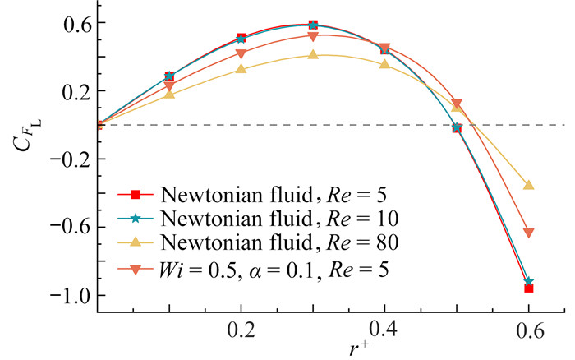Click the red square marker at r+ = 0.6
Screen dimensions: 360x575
pos(529,288)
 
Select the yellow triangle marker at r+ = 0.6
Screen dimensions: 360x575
pos(529,185)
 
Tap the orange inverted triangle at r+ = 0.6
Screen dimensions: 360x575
pos(529,233)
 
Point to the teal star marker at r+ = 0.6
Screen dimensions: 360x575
pos(529,282)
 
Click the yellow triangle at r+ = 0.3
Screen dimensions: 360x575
pos(313,54)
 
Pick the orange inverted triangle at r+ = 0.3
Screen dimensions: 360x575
pos(313,36)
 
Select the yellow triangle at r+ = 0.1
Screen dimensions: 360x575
pos(169,94)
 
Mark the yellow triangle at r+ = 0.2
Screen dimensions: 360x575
pos(241,68)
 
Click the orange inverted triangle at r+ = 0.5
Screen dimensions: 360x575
pos(457,104)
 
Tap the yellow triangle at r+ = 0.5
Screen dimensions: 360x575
pos(457,107)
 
